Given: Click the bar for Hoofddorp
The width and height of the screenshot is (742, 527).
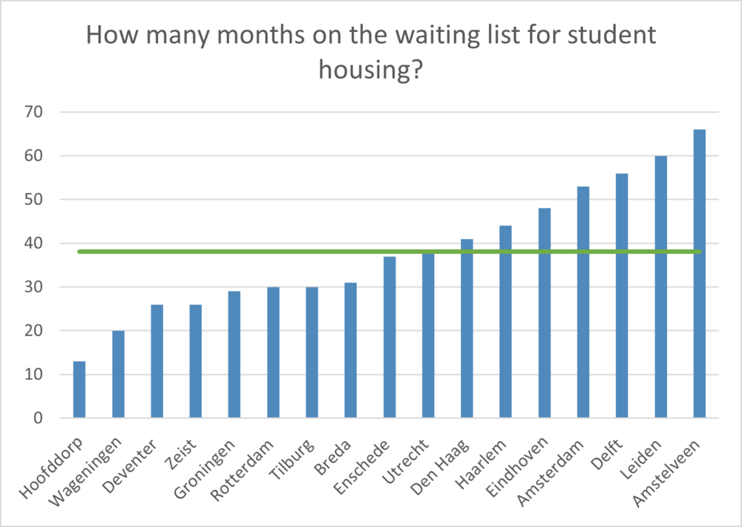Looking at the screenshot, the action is click(79, 389).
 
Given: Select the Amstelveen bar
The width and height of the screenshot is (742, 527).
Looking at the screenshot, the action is click(700, 273).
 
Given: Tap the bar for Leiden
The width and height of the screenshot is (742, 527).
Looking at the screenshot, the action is click(660, 287).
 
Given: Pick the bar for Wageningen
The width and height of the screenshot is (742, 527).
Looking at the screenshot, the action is click(118, 374).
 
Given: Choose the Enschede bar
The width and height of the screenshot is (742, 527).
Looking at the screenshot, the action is click(390, 337).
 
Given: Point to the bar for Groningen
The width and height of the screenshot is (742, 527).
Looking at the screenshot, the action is click(234, 354).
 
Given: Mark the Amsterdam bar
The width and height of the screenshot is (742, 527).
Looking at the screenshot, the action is click(583, 302).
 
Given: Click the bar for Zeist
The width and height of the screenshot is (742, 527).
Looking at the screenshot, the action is click(195, 361).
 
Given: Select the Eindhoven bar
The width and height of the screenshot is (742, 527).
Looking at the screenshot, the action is click(544, 313).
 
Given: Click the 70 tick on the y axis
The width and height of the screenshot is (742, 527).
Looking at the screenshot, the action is click(33, 112).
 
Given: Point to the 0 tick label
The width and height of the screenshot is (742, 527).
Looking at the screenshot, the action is click(38, 418).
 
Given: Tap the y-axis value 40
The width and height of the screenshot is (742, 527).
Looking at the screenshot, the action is click(33, 243).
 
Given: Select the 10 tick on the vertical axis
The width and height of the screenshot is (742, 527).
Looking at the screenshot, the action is click(33, 375).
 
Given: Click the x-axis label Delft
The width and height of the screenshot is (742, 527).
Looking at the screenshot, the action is click(607, 454).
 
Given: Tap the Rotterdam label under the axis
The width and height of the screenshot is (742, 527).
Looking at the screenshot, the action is click(242, 470).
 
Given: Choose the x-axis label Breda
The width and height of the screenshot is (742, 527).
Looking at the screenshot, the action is click(333, 457).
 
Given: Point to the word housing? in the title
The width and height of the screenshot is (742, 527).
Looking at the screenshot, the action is click(370, 70).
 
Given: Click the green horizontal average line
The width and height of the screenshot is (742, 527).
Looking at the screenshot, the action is click(390, 252).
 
